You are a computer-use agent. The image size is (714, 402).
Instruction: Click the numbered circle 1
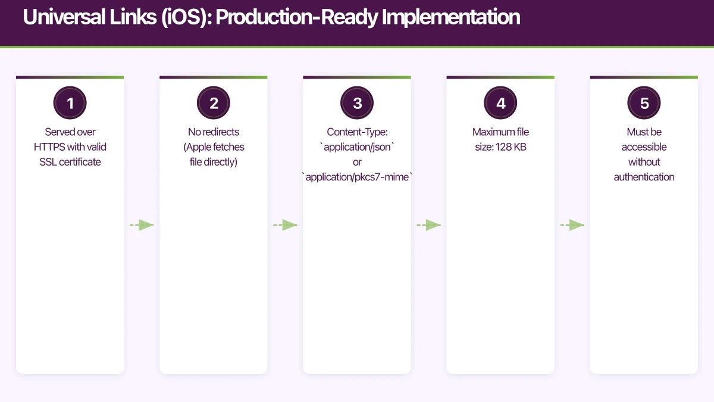[x=70, y=103]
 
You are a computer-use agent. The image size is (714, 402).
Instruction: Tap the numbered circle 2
[x=214, y=103]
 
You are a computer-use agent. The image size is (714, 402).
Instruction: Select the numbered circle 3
[x=357, y=103]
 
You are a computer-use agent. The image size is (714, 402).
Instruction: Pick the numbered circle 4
[x=500, y=103]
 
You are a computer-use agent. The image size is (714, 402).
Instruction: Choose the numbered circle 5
[x=644, y=103]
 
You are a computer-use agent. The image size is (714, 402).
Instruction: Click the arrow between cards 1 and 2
[x=142, y=225]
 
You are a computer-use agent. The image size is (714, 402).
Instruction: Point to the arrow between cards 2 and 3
[x=286, y=225]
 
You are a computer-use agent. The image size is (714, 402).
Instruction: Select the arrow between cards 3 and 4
[x=429, y=225]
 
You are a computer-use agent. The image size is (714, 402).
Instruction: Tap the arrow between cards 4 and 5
[x=573, y=225]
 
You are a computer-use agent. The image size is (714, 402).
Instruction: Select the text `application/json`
[x=357, y=147]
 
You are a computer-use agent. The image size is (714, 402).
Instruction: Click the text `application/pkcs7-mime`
[x=357, y=177]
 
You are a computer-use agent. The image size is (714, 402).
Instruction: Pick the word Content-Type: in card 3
[x=357, y=132]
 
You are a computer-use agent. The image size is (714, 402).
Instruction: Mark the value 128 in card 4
[x=503, y=147]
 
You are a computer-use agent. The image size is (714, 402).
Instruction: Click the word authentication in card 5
[x=644, y=177]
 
